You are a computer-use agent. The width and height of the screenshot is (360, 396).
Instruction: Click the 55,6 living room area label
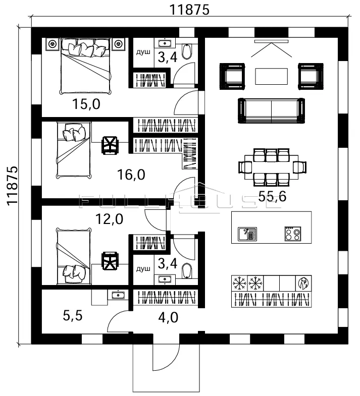coord(272,196)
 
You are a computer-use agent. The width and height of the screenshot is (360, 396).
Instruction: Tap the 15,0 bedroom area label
coord(86,104)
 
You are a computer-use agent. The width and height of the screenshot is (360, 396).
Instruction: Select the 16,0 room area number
coord(131,175)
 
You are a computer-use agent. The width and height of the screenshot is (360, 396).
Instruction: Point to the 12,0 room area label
coord(109,219)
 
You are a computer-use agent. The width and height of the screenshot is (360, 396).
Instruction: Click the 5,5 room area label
coord(73,316)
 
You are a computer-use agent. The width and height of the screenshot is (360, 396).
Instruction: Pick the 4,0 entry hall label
coord(168,318)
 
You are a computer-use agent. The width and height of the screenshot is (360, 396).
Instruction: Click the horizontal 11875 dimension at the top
coord(189,10)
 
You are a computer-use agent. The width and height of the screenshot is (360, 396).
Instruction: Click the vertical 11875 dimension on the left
coord(12,186)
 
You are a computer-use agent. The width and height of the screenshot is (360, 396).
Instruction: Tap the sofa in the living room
coord(271,111)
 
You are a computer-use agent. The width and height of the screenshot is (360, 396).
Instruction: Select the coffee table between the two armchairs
coord(271,76)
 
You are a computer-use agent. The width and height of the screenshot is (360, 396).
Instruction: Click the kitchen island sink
coord(247,234)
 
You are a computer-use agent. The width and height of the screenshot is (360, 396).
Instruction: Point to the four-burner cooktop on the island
coord(293,234)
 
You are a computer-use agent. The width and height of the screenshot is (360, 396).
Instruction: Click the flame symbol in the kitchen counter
coord(303,284)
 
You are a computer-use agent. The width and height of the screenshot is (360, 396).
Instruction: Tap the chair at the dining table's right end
coord(300,167)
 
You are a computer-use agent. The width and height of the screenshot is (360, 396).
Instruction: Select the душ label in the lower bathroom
coord(143,269)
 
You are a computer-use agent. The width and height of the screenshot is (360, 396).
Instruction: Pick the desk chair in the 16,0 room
coord(110,145)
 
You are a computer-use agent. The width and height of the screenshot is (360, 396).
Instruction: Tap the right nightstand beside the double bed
coord(118,44)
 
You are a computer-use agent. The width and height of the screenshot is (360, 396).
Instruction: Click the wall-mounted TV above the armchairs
coord(271,41)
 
